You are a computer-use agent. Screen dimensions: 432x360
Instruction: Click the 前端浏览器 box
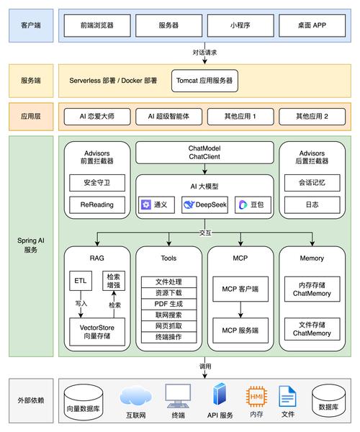(97, 24)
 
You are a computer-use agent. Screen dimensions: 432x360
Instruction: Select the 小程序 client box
(240, 24)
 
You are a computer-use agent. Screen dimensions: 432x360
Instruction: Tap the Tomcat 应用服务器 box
(204, 81)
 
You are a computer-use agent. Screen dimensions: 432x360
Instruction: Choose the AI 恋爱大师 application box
(97, 116)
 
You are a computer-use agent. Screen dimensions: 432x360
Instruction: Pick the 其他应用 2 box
(312, 116)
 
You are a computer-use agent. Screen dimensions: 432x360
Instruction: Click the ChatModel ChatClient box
(204, 152)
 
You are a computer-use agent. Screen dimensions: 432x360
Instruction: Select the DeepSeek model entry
(204, 204)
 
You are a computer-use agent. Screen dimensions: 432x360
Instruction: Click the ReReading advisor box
(97, 204)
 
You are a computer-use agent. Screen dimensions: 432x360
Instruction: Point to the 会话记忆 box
(312, 183)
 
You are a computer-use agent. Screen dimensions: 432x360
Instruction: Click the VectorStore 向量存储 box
(97, 330)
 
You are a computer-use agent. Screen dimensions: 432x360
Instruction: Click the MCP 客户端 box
(240, 290)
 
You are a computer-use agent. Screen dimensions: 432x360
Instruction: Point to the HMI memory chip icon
(256, 395)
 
